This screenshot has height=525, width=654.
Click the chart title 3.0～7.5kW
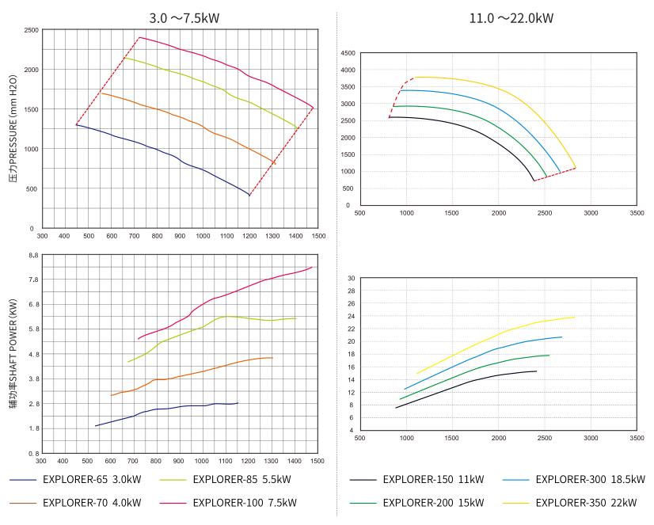point(184,17)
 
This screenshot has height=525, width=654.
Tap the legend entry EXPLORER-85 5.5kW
point(241,480)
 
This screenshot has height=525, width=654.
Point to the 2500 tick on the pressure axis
point(32,30)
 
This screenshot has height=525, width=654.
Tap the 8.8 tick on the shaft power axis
point(33,256)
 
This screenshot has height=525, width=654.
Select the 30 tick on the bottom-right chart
point(351,279)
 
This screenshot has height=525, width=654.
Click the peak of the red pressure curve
point(139,37)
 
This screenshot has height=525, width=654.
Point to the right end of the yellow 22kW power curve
point(575,317)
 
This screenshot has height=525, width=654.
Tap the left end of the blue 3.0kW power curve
point(95,426)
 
